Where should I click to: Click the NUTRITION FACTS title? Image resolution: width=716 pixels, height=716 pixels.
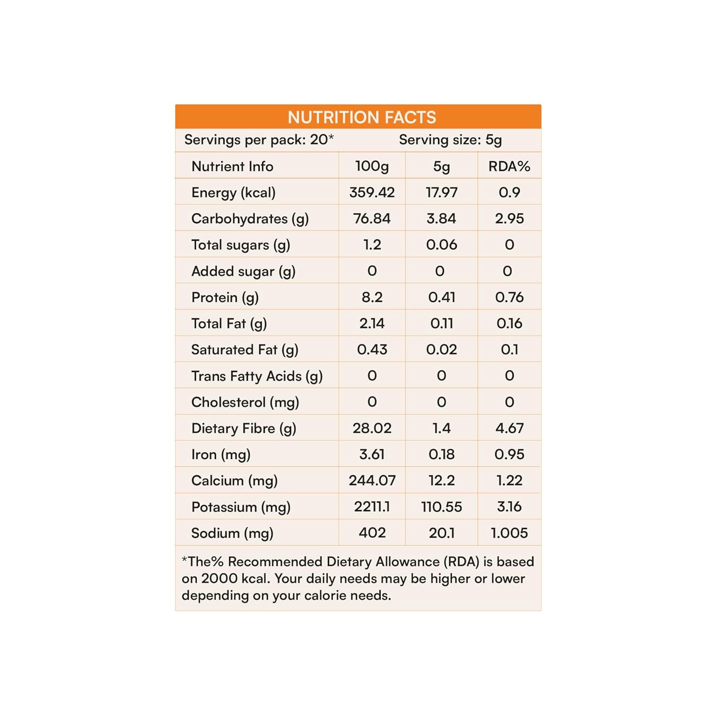click(x=362, y=117)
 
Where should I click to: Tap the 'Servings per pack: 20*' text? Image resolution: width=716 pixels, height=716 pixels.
click(x=259, y=140)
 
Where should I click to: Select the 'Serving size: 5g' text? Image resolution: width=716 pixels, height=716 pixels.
click(x=450, y=140)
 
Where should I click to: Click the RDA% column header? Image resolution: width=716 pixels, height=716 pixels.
click(x=509, y=166)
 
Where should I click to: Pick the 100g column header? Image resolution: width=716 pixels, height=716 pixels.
click(x=372, y=166)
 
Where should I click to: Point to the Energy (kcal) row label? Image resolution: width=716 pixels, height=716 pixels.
click(x=233, y=192)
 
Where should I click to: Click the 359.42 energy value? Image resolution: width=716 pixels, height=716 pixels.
click(x=372, y=192)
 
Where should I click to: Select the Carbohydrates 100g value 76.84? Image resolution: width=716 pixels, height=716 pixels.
click(x=372, y=219)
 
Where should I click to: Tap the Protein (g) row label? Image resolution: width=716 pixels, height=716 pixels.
click(x=225, y=297)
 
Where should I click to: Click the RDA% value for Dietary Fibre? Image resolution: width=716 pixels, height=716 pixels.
click(x=509, y=428)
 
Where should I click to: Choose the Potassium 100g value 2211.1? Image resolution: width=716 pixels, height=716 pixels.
click(x=372, y=506)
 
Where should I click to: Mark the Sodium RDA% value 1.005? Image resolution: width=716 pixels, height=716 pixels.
click(x=509, y=533)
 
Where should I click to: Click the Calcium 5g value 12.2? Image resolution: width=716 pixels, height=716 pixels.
click(x=442, y=480)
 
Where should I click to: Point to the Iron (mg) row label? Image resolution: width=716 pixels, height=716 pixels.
click(x=221, y=454)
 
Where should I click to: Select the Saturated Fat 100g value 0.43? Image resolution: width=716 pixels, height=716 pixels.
click(x=372, y=349)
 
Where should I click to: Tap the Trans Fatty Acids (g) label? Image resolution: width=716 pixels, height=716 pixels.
click(x=257, y=376)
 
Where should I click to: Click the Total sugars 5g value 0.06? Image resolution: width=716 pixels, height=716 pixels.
click(x=442, y=245)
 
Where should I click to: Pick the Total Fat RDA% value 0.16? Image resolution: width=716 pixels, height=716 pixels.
click(x=509, y=324)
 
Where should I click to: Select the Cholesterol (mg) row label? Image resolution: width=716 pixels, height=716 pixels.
click(x=245, y=402)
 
